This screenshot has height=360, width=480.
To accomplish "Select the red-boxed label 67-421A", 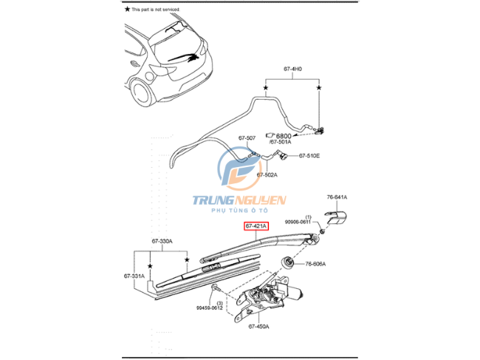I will tap(257, 225).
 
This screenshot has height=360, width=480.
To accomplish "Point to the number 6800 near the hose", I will tap(284, 135).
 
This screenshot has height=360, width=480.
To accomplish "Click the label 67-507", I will tap(247, 138).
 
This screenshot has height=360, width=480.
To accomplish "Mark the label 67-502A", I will tap(267, 174).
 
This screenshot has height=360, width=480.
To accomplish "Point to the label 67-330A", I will tap(162, 241).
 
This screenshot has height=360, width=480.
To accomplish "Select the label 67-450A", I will tap(259, 326).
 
